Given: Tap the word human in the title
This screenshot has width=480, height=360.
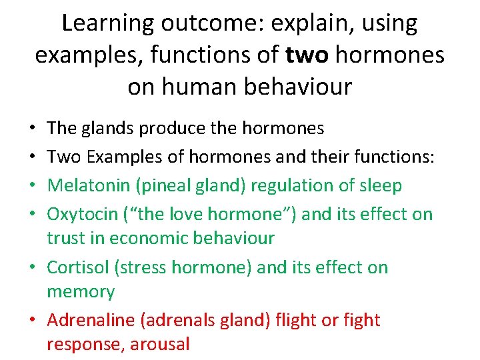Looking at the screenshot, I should [203, 87].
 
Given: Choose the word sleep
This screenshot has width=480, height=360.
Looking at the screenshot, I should [379, 185].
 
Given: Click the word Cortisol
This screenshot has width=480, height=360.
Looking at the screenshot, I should [78, 267].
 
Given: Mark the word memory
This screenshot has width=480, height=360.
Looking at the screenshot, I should [81, 291].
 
